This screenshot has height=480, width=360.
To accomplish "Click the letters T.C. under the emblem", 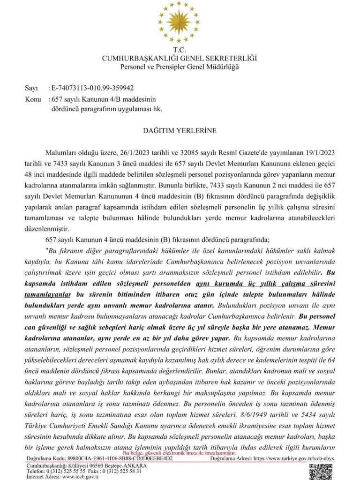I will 180,50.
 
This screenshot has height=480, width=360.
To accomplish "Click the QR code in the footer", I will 322,471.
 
